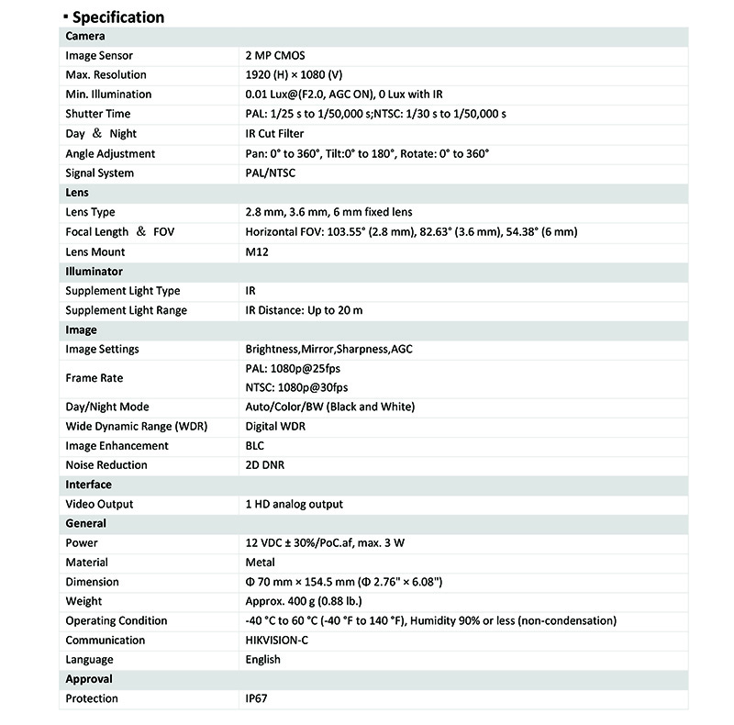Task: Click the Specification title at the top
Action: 117,17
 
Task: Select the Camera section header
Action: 85,37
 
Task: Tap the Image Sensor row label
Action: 99,56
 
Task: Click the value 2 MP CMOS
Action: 275,56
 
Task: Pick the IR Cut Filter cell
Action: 275,134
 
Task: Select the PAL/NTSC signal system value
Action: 271,173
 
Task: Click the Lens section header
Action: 77,193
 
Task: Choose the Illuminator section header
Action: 94,272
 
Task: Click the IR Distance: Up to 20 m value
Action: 304,310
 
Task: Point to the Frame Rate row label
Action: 94,378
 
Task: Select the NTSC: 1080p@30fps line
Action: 296,388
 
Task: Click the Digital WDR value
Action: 274,427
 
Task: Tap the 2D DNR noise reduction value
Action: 265,465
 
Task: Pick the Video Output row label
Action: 99,504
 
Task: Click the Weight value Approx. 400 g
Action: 304,602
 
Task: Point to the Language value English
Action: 263,660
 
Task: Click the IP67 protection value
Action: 258,699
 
